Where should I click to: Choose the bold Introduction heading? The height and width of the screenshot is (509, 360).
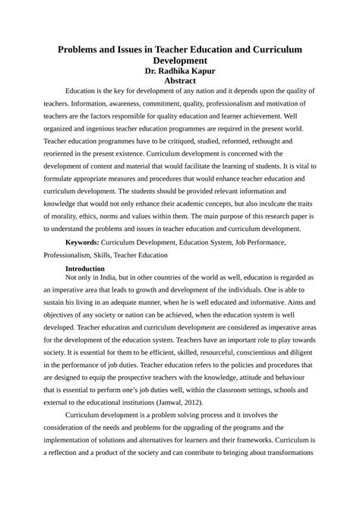point(90,269)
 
